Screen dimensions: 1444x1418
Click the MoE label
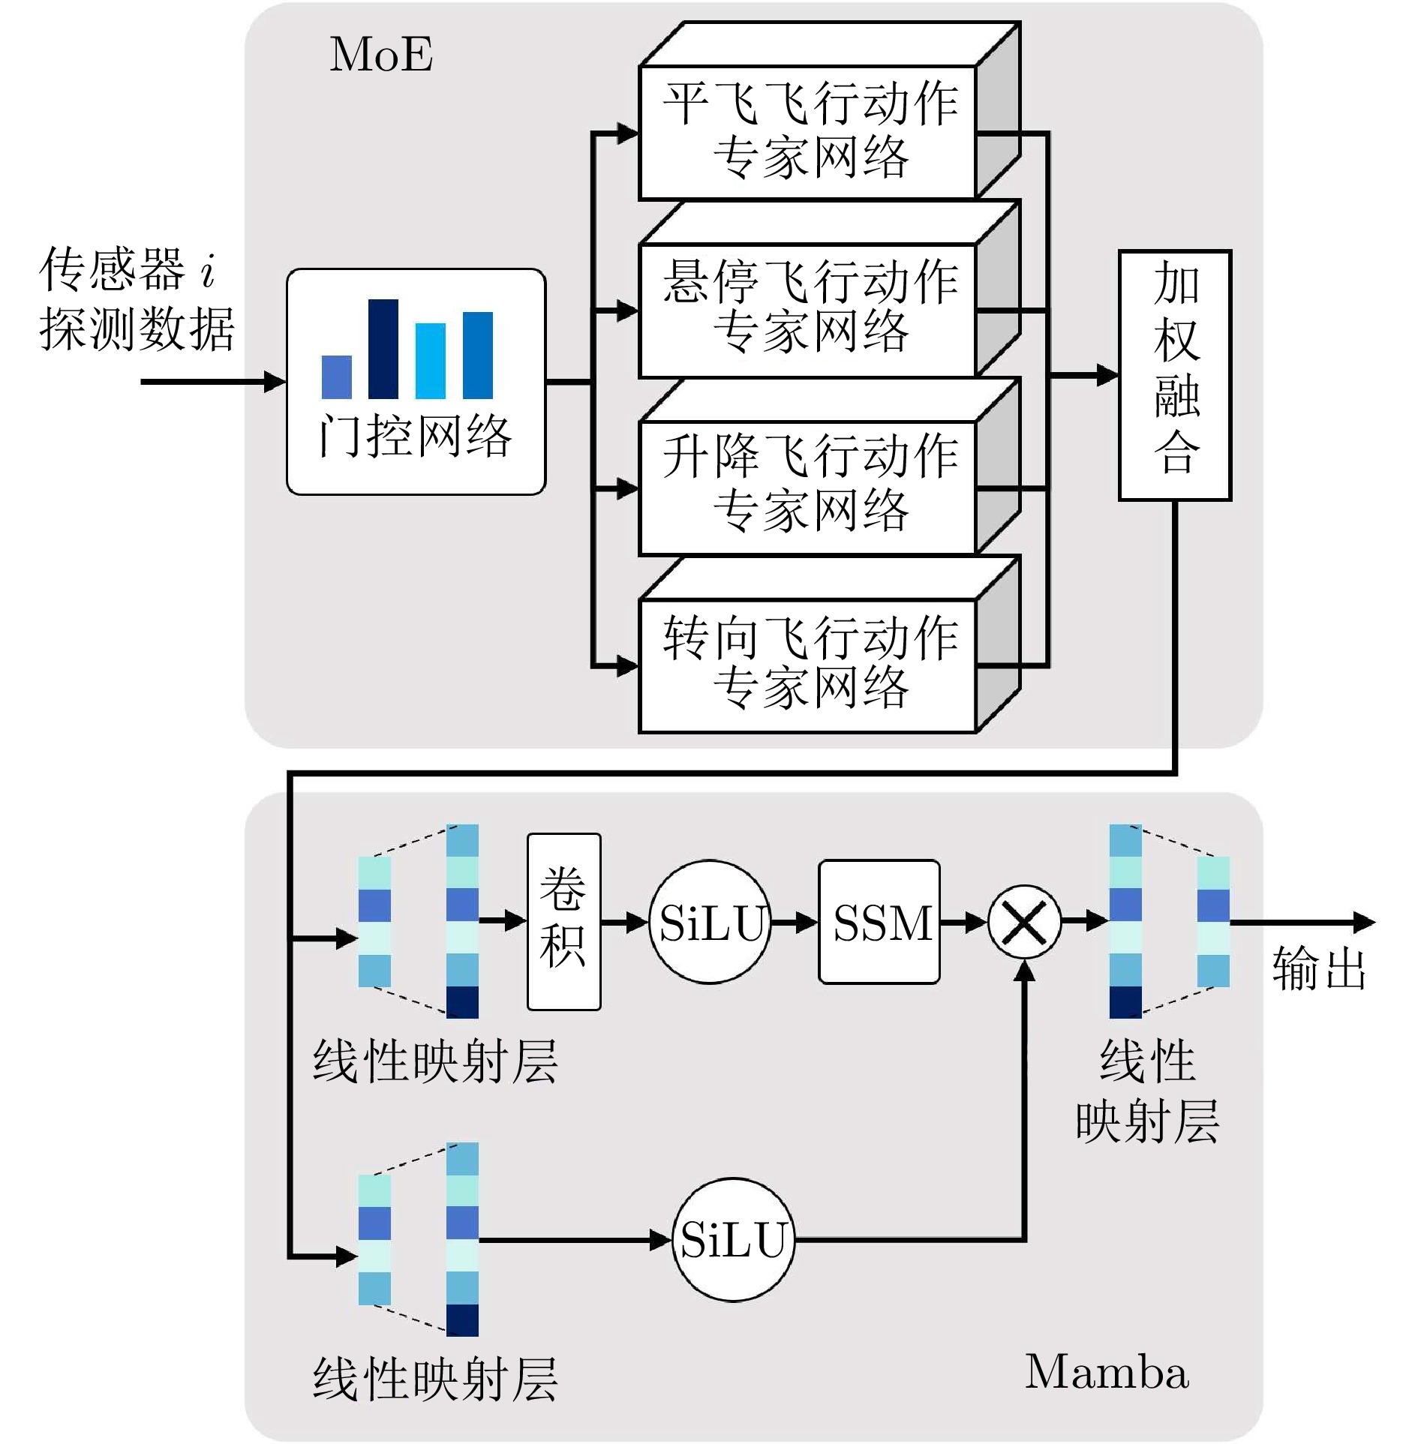tap(381, 55)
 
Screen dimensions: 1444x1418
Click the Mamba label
tap(1107, 1372)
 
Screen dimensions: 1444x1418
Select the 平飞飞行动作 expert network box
tap(807, 132)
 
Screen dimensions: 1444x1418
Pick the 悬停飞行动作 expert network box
tap(807, 309)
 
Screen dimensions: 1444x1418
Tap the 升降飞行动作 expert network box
tap(807, 488)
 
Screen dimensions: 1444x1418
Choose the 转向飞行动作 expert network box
tap(807, 665)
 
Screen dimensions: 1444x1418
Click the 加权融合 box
tap(1175, 375)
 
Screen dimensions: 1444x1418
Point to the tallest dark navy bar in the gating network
tap(383, 349)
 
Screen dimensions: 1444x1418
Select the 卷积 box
tap(563, 921)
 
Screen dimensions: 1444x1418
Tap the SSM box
tap(879, 921)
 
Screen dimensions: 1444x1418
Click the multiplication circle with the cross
tap(1024, 922)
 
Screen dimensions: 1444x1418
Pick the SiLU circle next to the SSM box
tap(710, 922)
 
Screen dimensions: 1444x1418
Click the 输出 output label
tap(1318, 968)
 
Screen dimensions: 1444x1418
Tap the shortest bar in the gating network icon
tap(336, 377)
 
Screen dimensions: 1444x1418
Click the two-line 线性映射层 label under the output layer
tap(1147, 1091)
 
